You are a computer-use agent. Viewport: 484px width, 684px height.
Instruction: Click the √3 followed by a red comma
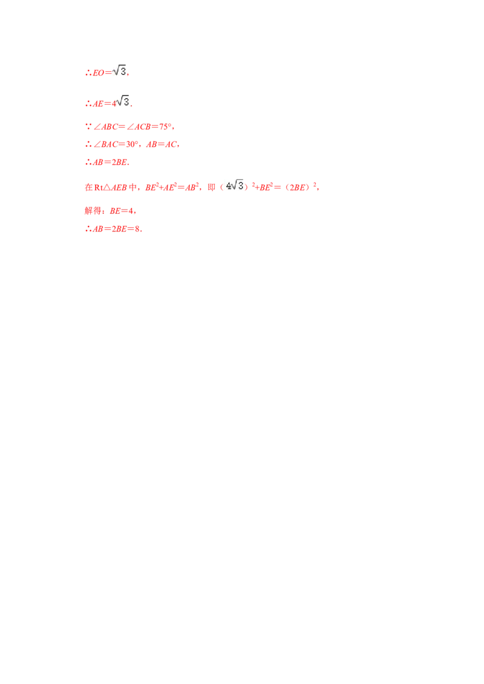[x=120, y=71]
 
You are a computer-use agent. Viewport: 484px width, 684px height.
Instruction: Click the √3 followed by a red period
[x=123, y=102]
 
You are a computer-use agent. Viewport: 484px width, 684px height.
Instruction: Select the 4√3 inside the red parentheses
[x=235, y=186]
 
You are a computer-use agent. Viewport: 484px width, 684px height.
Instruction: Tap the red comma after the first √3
[x=130, y=74]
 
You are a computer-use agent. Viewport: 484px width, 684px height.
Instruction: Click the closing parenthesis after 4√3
[x=247, y=187]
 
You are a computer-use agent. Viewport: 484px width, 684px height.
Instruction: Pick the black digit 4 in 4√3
[x=228, y=186]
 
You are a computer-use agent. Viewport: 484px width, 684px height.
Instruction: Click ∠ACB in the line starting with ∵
[x=103, y=127]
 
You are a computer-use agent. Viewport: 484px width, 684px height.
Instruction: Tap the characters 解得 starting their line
[x=91, y=211]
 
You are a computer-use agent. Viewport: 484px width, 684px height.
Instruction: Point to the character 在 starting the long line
[x=86, y=187]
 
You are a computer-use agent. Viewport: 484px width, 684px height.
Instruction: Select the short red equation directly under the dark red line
[x=106, y=163]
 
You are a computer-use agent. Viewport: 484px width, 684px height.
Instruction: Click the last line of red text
[x=113, y=228]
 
